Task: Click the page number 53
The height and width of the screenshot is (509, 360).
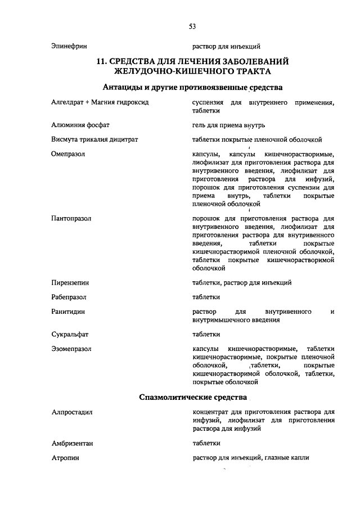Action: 192,26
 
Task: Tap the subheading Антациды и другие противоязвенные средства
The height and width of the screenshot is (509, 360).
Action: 192,87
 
